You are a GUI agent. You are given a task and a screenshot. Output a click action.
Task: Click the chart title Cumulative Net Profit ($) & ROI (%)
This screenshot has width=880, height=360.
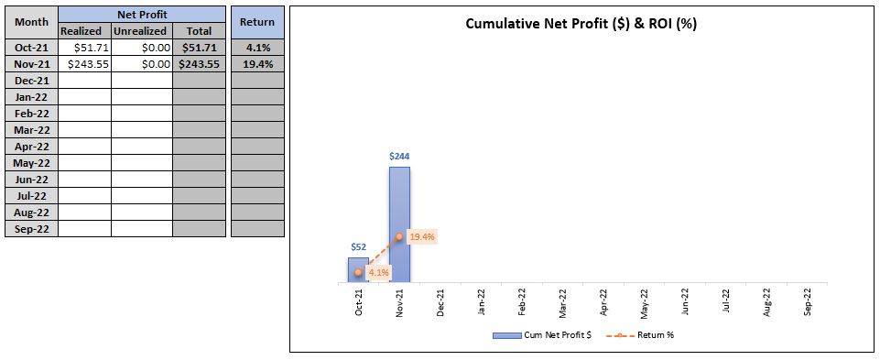[x=581, y=24]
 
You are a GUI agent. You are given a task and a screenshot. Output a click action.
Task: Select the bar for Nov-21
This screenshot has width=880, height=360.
[x=399, y=224]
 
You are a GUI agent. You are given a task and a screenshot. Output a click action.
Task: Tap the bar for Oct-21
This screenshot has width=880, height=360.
[x=359, y=270]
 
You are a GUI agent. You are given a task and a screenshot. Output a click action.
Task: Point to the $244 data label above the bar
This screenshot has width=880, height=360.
[x=399, y=156]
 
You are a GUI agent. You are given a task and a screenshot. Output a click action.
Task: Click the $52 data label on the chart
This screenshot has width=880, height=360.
[x=359, y=247]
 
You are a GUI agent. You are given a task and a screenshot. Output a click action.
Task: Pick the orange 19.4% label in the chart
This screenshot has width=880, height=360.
[x=422, y=237]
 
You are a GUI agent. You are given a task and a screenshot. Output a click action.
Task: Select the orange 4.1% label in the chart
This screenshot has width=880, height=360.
[x=379, y=273]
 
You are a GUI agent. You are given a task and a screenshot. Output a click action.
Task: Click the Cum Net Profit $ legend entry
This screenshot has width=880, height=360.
[x=542, y=335]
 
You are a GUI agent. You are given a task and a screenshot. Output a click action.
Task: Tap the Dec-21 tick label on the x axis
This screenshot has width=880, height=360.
[x=440, y=303]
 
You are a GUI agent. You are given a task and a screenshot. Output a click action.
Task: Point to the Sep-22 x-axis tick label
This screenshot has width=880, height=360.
[x=808, y=303]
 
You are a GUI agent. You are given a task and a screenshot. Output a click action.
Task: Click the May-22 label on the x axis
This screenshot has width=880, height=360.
[x=645, y=303]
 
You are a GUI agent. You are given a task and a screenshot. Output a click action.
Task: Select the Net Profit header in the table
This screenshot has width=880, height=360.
[x=142, y=15]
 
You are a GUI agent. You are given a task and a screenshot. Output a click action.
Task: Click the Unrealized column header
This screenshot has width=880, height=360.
[x=142, y=31]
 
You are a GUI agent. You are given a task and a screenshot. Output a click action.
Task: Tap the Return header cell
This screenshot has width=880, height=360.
[x=257, y=23]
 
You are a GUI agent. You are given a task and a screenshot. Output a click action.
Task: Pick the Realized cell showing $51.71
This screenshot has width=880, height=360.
[x=85, y=48]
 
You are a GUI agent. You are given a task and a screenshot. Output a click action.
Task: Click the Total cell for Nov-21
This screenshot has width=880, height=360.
[x=200, y=64]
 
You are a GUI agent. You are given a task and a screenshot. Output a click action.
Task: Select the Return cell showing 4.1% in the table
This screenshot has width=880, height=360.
[x=257, y=48]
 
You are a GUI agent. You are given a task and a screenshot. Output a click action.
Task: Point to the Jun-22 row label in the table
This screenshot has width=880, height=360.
[x=31, y=180]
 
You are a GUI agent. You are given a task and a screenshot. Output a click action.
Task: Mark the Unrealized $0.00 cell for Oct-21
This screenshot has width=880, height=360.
[x=142, y=48]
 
